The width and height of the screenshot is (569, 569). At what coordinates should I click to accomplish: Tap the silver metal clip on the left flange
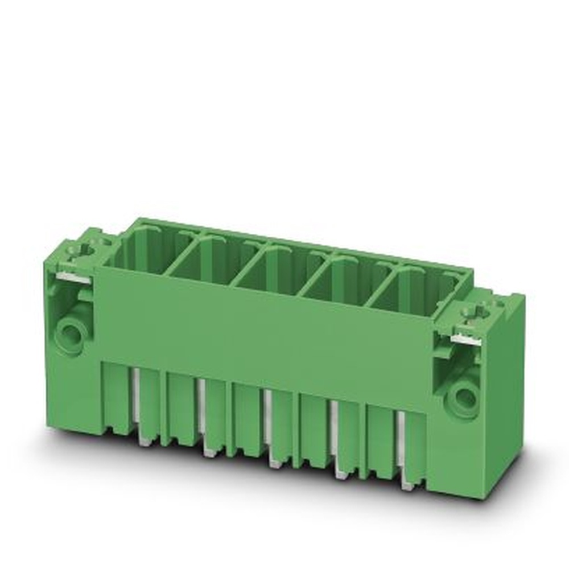75,277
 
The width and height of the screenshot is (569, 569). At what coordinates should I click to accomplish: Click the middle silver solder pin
268,427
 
